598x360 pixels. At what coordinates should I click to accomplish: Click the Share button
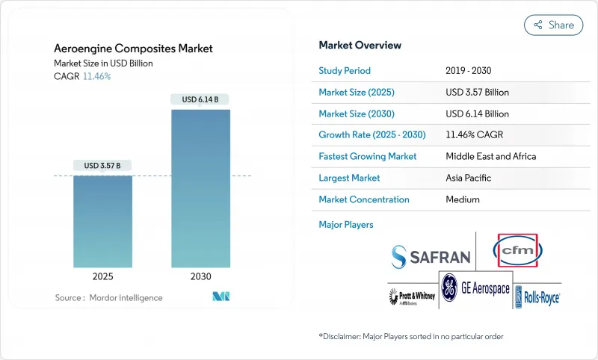tap(553, 25)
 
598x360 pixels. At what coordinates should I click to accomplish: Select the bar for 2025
tap(102, 221)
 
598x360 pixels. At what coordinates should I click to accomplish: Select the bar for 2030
tap(200, 188)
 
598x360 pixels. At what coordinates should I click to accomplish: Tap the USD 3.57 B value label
tap(102, 165)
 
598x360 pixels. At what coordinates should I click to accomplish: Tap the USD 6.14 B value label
tap(200, 99)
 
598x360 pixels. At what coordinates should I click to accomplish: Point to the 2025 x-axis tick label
tap(102, 276)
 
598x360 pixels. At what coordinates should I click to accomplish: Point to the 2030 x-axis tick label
tap(200, 276)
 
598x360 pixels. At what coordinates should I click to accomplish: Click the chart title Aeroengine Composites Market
tap(133, 49)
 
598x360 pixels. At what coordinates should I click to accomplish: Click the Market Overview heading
tap(360, 45)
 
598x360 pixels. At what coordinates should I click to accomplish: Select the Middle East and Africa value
tap(490, 157)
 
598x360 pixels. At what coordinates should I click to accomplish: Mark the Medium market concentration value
tap(463, 199)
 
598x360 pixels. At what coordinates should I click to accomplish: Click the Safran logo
tap(431, 257)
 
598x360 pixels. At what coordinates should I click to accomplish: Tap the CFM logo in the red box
tap(518, 250)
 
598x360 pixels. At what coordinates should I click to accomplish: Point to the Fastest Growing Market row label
tap(368, 157)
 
